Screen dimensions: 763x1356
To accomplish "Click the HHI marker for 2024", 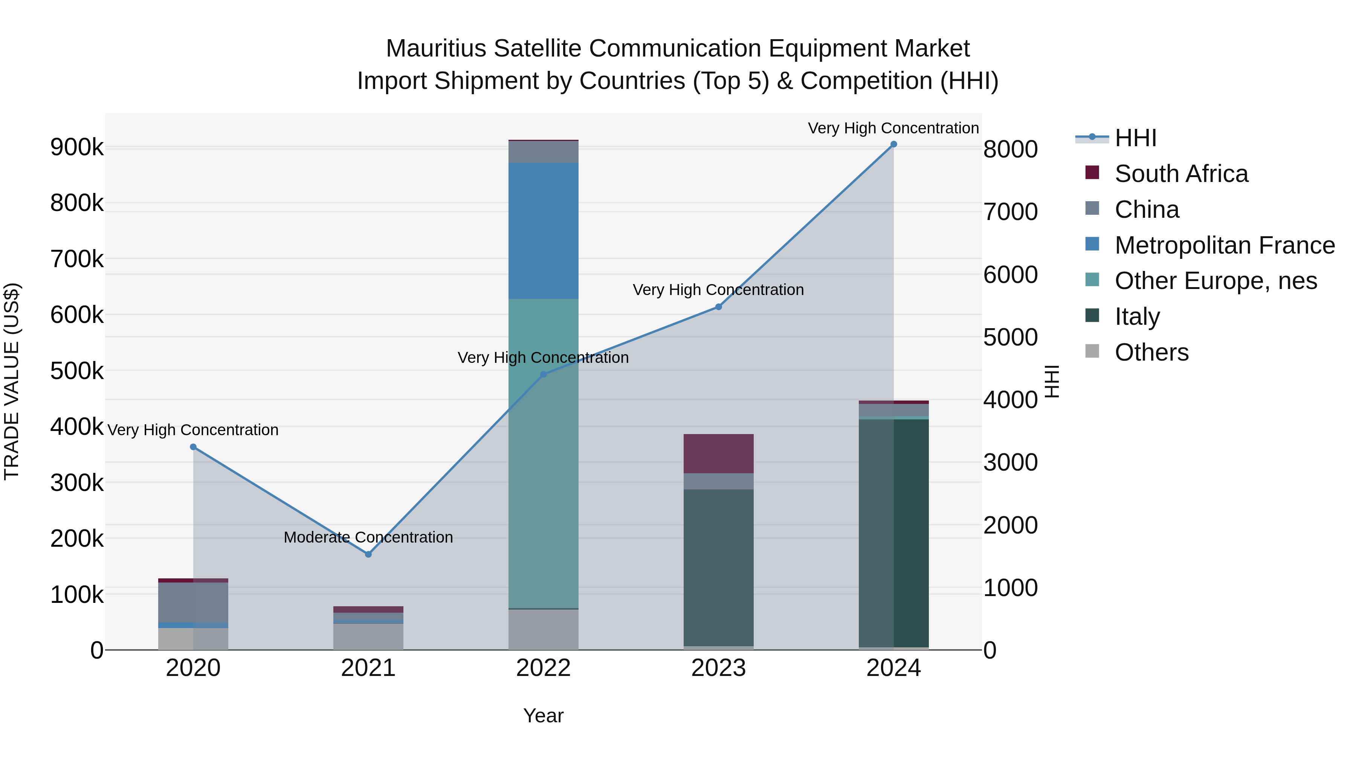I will pos(893,144).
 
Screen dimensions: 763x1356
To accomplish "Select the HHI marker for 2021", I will pos(368,554).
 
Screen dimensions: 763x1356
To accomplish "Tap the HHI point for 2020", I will pos(193,447).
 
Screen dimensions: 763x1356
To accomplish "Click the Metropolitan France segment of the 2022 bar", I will pos(543,231).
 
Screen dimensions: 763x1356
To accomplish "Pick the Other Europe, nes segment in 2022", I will pos(543,453).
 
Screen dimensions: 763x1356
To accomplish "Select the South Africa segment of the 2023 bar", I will pos(719,453).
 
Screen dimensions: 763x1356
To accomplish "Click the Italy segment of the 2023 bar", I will pos(719,567).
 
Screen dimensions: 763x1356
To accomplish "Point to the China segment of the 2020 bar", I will pos(193,602).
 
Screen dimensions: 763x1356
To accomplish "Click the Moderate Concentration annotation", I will pos(368,537).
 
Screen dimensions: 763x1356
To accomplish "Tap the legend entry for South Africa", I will pos(1181,174).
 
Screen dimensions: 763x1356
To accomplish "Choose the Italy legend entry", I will pos(1137,317).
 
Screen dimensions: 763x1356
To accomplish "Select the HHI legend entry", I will pos(1135,138).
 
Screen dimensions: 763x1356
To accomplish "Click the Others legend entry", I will pos(1151,352).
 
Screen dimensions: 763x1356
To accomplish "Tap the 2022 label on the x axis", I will pos(543,668).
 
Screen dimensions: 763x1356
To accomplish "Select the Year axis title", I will pos(543,716).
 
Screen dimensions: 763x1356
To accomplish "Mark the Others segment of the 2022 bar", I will pos(543,629).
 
